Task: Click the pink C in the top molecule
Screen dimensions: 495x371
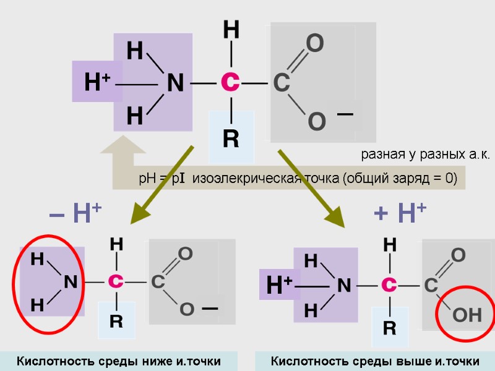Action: tap(230, 82)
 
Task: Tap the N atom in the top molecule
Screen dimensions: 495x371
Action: tap(175, 83)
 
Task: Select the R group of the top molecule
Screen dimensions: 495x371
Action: tap(231, 139)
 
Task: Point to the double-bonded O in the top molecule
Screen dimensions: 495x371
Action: tap(315, 44)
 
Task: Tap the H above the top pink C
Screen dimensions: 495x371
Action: tap(231, 30)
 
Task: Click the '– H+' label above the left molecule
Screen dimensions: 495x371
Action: tap(75, 214)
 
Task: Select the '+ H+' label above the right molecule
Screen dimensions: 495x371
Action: tap(400, 214)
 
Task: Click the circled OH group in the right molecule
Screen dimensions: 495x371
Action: tap(467, 316)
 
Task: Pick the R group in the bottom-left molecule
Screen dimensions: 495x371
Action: tap(116, 322)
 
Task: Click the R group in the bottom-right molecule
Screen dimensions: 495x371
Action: tap(389, 328)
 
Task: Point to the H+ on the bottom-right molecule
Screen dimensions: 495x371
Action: tap(279, 286)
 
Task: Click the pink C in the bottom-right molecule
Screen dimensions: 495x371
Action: tap(389, 285)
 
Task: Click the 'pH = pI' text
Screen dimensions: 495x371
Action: tap(162, 179)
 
